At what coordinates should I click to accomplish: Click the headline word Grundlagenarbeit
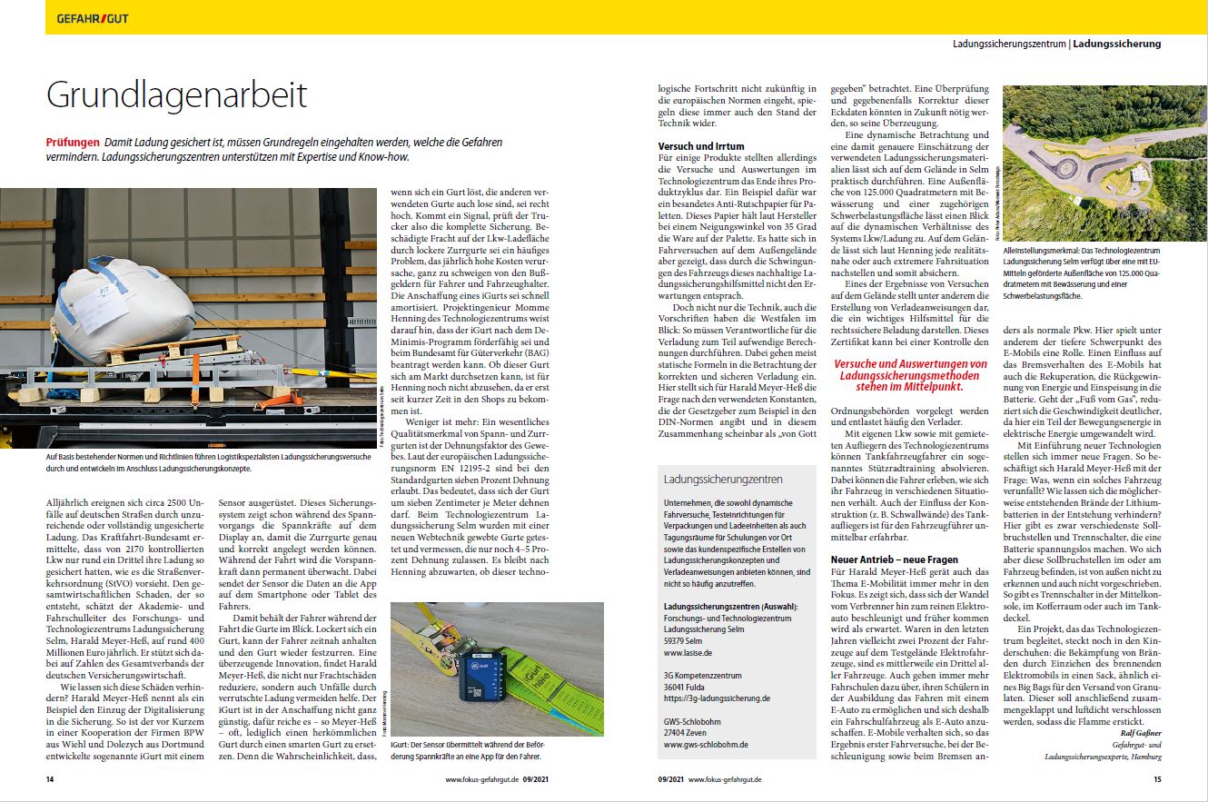(177, 95)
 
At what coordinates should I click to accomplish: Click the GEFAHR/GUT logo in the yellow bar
(92, 18)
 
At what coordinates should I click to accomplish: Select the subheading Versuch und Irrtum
(701, 145)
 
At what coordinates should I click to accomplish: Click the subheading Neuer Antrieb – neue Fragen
(894, 559)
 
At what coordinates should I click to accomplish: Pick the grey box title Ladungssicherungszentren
(722, 479)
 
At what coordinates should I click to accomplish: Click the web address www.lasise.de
(688, 652)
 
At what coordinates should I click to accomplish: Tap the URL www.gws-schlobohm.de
(705, 744)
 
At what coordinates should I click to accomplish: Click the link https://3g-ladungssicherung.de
(717, 698)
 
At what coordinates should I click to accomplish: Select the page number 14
(51, 779)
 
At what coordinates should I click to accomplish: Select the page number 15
(1157, 779)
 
